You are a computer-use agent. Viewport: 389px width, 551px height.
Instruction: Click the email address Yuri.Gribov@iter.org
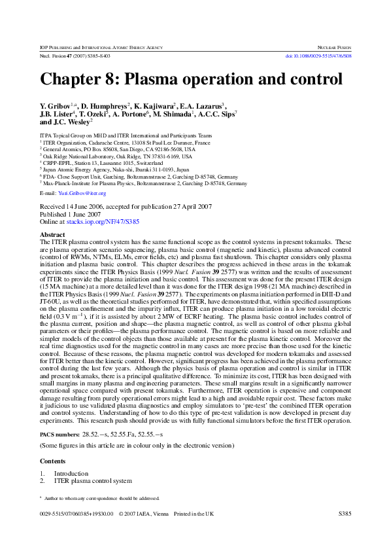click(x=83, y=194)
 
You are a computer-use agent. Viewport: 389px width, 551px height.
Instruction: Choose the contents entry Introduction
click(x=71, y=473)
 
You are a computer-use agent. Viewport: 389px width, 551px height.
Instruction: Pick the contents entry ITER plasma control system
click(x=93, y=481)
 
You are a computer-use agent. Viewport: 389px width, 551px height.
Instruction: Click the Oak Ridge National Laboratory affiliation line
click(x=118, y=156)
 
